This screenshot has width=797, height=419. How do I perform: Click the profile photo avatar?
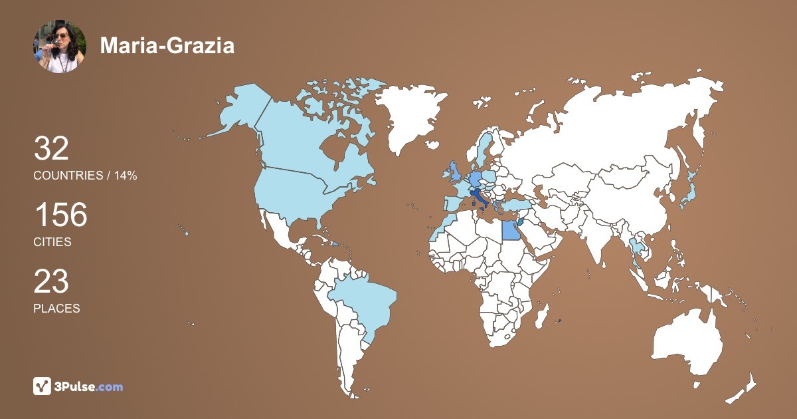(x=60, y=46)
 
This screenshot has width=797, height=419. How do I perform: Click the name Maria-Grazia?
(x=167, y=46)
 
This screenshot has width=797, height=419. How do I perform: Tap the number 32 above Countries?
(x=51, y=148)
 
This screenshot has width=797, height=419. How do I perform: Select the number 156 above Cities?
(x=60, y=215)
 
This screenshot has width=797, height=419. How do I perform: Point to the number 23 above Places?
(x=51, y=281)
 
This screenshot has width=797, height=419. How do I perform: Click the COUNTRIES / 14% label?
(x=85, y=176)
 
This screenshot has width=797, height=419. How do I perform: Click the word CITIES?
(x=52, y=242)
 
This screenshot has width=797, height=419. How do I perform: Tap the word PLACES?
(x=56, y=309)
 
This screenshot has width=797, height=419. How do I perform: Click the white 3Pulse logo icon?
(x=43, y=386)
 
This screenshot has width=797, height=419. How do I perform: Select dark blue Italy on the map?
(x=479, y=198)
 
